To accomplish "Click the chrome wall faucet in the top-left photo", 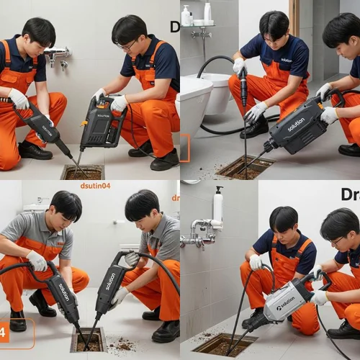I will coord(58,53).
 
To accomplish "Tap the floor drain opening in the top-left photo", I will coord(83,173).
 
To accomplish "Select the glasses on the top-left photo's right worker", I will coord(127,45).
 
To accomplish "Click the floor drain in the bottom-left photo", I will coord(87,339).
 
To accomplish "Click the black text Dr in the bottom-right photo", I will coord(350,194).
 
